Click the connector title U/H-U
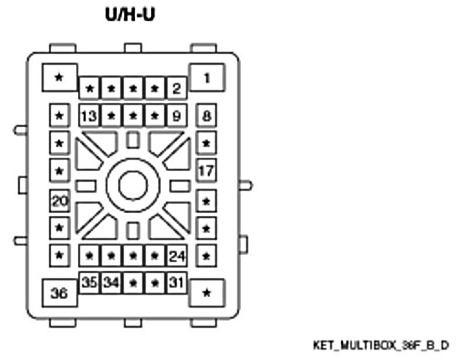coord(130,14)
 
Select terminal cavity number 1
coord(206,77)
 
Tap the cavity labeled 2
coord(176,89)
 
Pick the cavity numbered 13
coord(89,116)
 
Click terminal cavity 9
coord(176,116)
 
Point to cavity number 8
coord(206,116)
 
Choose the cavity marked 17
coord(206,171)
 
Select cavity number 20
coord(59,201)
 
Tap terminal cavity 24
coord(176,255)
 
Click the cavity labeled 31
coord(176,282)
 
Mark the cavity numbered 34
coord(111,282)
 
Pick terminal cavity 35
coord(89,282)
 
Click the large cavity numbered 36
coord(60,293)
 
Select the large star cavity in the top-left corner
coord(59,77)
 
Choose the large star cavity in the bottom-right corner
coord(206,293)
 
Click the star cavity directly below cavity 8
coord(206,143)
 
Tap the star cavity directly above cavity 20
coord(59,171)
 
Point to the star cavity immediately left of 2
coord(155,89)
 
